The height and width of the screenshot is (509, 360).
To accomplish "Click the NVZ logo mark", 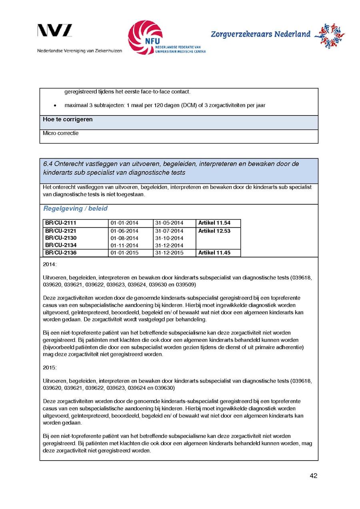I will (x=55, y=31).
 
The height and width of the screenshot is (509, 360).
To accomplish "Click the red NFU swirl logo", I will (x=145, y=37).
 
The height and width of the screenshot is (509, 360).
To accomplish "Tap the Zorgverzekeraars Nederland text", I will (x=260, y=34).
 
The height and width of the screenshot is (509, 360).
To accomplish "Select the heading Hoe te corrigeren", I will (x=68, y=120).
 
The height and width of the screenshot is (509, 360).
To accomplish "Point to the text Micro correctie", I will (x=61, y=133).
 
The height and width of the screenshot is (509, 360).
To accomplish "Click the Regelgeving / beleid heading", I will (x=75, y=209).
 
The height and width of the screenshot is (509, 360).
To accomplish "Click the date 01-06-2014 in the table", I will (x=124, y=231).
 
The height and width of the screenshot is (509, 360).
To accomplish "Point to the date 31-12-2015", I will (x=169, y=253).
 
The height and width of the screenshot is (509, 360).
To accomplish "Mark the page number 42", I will (x=313, y=476).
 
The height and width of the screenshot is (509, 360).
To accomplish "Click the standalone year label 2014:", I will (x=50, y=265).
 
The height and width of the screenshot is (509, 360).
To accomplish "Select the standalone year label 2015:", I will (x=50, y=367).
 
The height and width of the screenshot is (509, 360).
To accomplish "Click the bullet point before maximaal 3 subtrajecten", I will (x=54, y=106).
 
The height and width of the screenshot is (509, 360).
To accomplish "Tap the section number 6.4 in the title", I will (x=48, y=164).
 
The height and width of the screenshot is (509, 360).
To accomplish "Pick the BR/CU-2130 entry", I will (x=60, y=238).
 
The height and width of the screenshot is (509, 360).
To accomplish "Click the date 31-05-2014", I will (x=169, y=223).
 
